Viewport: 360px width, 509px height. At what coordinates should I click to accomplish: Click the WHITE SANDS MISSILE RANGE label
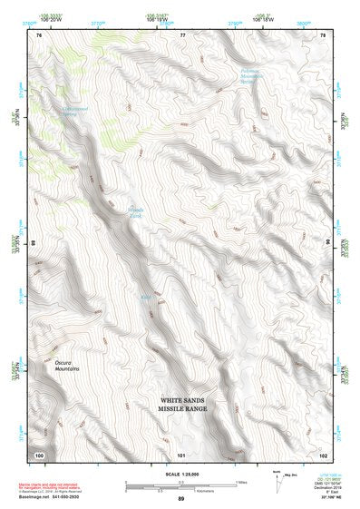coord(189,404)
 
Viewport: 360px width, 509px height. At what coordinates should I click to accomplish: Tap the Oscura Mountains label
coord(44,366)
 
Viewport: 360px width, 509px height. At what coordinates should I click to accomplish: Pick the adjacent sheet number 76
coord(39,34)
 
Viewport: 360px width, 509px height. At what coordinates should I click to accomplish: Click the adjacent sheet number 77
coord(182,34)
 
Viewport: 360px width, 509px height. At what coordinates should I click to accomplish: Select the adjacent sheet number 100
coord(39,454)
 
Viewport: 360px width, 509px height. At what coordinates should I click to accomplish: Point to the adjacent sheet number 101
coord(181,454)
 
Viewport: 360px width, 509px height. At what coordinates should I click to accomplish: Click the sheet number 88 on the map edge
coord(34,243)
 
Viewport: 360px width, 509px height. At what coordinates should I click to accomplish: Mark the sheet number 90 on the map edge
coord(327,243)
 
